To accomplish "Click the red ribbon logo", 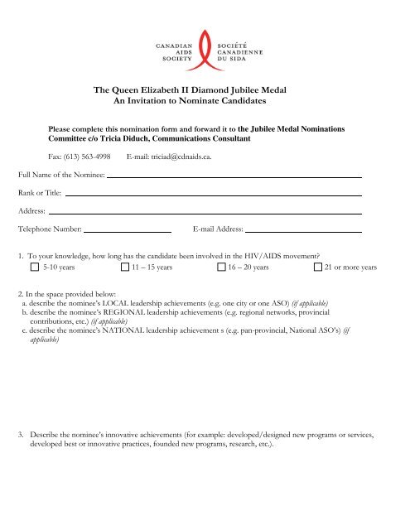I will [204, 51].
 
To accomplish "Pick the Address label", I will [31, 211].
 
